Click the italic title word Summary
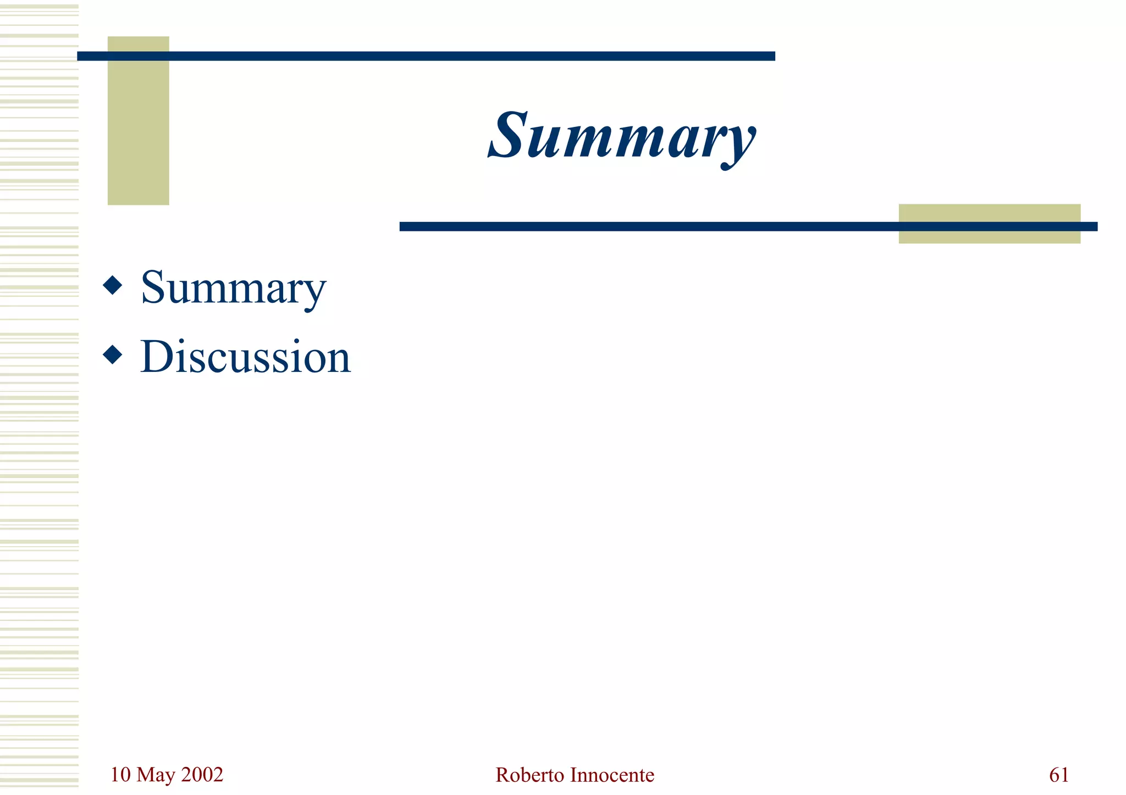[622, 136]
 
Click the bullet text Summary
[233, 288]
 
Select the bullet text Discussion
[245, 357]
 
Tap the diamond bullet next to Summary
[113, 286]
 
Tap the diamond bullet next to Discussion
[113, 355]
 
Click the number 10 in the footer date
[120, 775]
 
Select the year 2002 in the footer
[202, 775]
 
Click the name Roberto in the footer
[529, 775]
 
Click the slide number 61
[1059, 775]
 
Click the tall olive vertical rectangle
[138, 137]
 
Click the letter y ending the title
[739, 143]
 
